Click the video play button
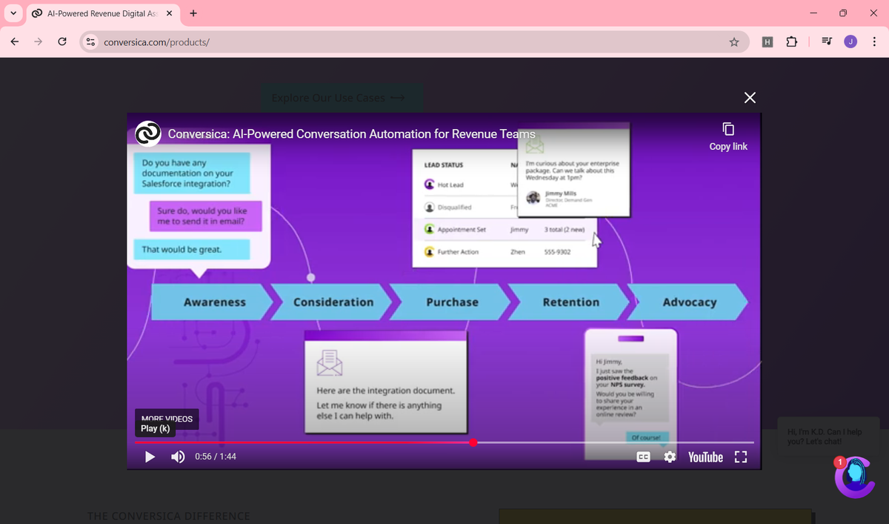pos(150,457)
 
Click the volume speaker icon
pos(178,457)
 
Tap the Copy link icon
pos(728,129)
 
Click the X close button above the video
pos(750,98)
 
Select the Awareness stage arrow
pos(214,302)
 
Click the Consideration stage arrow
pos(333,302)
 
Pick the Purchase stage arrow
pos(452,302)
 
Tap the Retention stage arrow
pos(570,302)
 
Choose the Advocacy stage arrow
pos(689,302)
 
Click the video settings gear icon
pos(670,457)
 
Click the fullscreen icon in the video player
pos(739,457)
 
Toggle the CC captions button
pos(644,457)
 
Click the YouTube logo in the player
pos(705,457)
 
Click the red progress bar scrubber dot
pos(473,442)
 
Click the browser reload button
pos(62,42)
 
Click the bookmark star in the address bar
pos(734,42)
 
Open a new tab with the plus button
pos(193,13)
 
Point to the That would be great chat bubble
pos(192,250)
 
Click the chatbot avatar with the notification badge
pos(854,477)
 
